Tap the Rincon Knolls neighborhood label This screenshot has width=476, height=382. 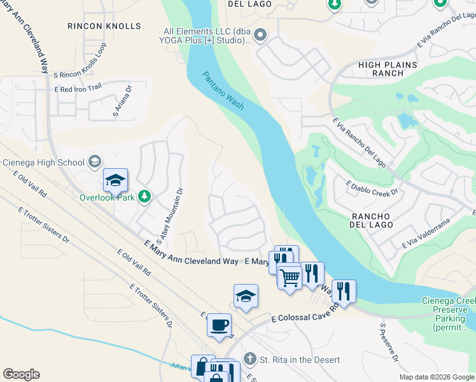pos(104,26)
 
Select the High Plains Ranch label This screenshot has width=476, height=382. pos(388,69)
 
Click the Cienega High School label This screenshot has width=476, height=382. pos(43,162)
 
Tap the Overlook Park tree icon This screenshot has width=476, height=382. pos(145,196)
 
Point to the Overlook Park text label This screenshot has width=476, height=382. pos(109,197)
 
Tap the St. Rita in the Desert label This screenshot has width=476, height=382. pos(299,360)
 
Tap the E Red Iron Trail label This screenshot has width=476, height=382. pos(78,89)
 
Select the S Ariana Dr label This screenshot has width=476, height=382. pos(121,102)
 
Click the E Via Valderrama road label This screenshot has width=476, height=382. pos(426,233)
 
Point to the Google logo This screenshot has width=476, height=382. pos(21,374)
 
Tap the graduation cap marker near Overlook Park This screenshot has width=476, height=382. pos(115,180)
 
